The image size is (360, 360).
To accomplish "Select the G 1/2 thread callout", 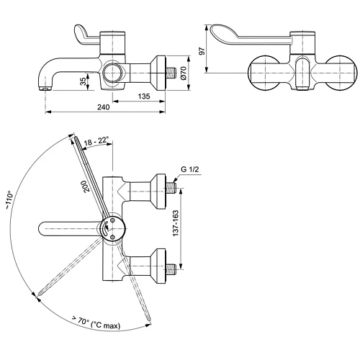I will (x=189, y=169).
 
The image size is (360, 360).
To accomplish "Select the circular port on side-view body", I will (x=112, y=72).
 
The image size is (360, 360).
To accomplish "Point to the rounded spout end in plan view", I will (x=40, y=230).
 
